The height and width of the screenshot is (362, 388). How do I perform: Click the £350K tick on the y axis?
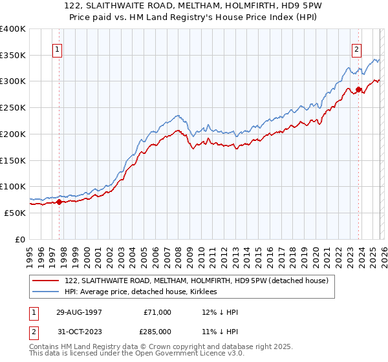point(13,55)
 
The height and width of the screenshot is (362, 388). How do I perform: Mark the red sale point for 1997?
point(59,202)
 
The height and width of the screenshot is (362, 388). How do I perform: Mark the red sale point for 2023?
point(358,89)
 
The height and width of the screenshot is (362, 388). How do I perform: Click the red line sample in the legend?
point(47,281)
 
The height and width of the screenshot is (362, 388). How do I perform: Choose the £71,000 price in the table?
point(158,312)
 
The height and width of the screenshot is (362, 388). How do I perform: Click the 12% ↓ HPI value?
point(220,312)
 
